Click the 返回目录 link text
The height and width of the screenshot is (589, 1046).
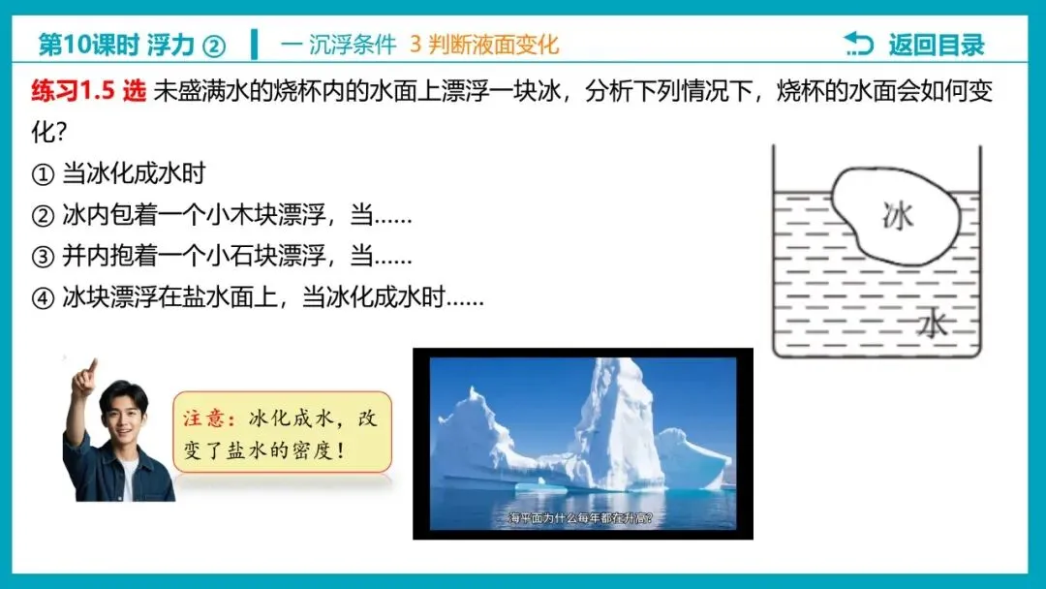tap(937, 45)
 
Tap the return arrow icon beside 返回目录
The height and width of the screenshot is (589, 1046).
tap(858, 44)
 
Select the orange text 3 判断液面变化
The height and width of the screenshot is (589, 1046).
tap(484, 45)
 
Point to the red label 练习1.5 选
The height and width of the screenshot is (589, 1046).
tap(88, 93)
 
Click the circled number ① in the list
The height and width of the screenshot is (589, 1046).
tap(42, 174)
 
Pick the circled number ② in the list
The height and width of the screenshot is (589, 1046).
tap(42, 216)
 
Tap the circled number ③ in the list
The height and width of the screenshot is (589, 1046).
tap(42, 258)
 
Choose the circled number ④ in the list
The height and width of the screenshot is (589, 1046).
tap(42, 298)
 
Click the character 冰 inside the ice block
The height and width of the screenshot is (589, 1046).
tap(898, 215)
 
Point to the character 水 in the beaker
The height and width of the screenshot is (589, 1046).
tap(933, 323)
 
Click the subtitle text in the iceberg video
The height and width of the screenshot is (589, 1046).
tap(582, 518)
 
